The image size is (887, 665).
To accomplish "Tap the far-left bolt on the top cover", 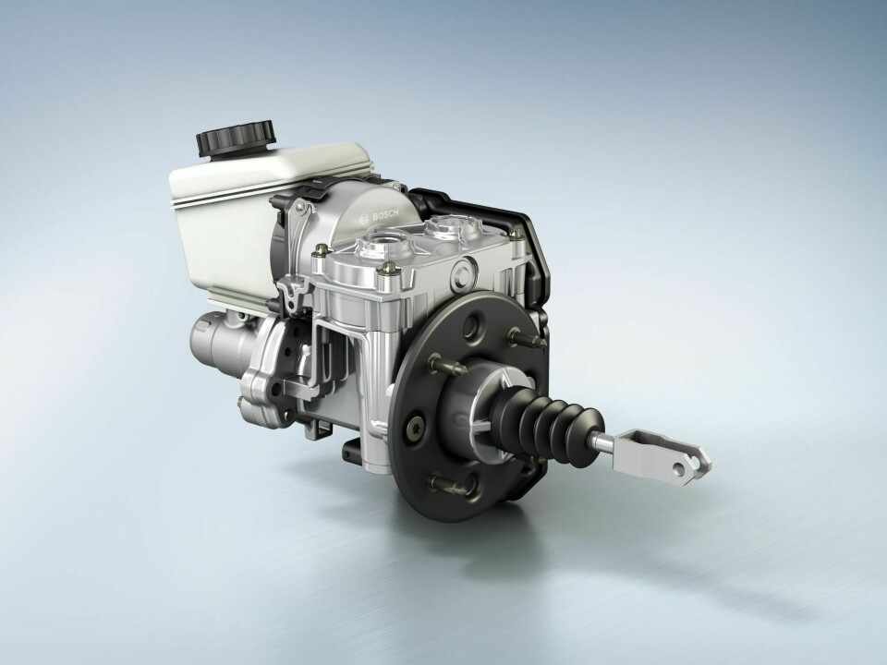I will (320, 249).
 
